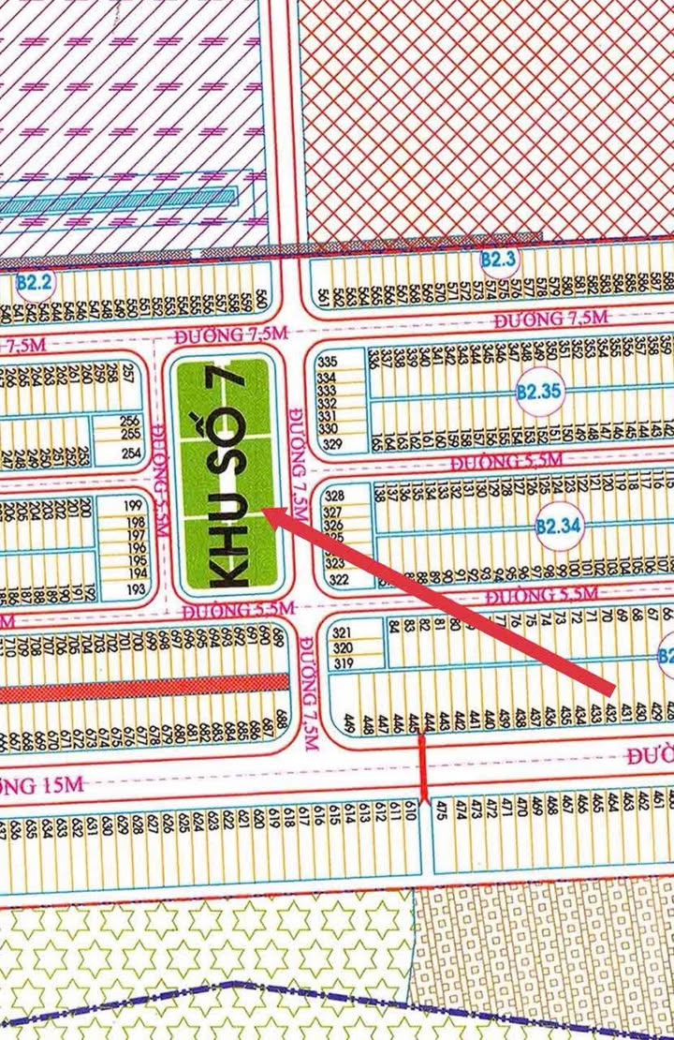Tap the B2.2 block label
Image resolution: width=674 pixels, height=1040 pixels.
tap(37, 280)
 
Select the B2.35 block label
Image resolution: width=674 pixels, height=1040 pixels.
tap(536, 392)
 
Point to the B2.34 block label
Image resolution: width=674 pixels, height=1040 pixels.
tap(559, 527)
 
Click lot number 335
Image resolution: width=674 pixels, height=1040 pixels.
tap(327, 362)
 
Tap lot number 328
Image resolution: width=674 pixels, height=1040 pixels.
tap(334, 496)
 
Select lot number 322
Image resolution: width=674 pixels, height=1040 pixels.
tap(337, 580)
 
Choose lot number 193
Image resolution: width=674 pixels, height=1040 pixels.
tap(137, 589)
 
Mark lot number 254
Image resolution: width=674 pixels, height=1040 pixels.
tap(131, 453)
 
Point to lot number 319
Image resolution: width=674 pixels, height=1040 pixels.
tap(342, 664)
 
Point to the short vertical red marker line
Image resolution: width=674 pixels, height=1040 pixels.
tap(422, 768)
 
